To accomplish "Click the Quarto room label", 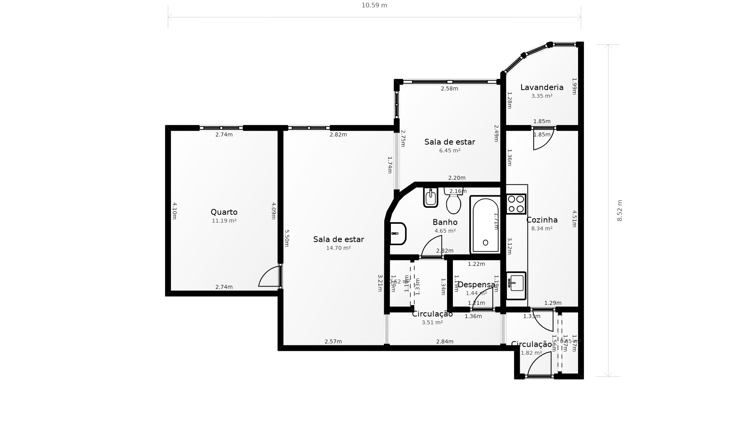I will pos(224,212).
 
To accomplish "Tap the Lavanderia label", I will pos(541,87).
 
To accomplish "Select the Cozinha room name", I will pos(541,220).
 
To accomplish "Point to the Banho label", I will pos(445,222).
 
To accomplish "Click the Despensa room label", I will pos(476,285).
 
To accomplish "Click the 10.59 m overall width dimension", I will pos(374,5).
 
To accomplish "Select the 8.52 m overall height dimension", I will pos(619,210).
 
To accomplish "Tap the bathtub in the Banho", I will pos(485,225).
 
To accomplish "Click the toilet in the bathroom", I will pos(453,202).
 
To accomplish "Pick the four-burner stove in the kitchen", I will pos(516,204).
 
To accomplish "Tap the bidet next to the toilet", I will pos(431,197).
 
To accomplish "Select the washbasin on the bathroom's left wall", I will pos(398,233).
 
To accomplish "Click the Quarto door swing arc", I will pos(268,276).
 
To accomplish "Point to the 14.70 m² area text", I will pos(338,248).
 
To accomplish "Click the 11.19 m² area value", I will pos(224,221).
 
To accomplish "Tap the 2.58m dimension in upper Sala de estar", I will pos(449,88).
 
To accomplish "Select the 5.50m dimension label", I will pos(286,238).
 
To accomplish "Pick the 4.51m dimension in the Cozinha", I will pos(574,218).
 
